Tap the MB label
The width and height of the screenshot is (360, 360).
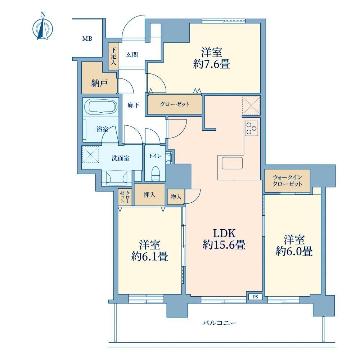pyautogui.click(x=87, y=39)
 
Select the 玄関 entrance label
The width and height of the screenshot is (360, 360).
pyautogui.click(x=132, y=55)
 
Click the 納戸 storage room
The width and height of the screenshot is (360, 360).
pyautogui.click(x=99, y=78)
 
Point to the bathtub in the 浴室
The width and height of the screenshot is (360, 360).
pyautogui.click(x=101, y=107)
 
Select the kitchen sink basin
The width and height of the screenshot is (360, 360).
pyautogui.click(x=232, y=163)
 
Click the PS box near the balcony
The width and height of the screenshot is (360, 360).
pyautogui.click(x=255, y=297)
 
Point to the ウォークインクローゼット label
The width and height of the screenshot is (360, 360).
pyautogui.click(x=287, y=181)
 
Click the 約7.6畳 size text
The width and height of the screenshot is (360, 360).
pyautogui.click(x=212, y=64)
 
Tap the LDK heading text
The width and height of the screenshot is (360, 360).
pyautogui.click(x=224, y=233)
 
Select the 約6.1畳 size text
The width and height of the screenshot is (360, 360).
pyautogui.click(x=150, y=256)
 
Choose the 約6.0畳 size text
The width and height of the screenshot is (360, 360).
pyautogui.click(x=294, y=251)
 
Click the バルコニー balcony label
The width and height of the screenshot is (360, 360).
pyautogui.click(x=219, y=323)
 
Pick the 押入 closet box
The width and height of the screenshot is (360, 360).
pyautogui.click(x=149, y=195)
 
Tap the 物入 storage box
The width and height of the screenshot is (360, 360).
pyautogui.click(x=176, y=197)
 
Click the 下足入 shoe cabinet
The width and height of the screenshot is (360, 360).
pyautogui.click(x=113, y=56)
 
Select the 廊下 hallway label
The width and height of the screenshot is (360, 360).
pyautogui.click(x=134, y=105)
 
